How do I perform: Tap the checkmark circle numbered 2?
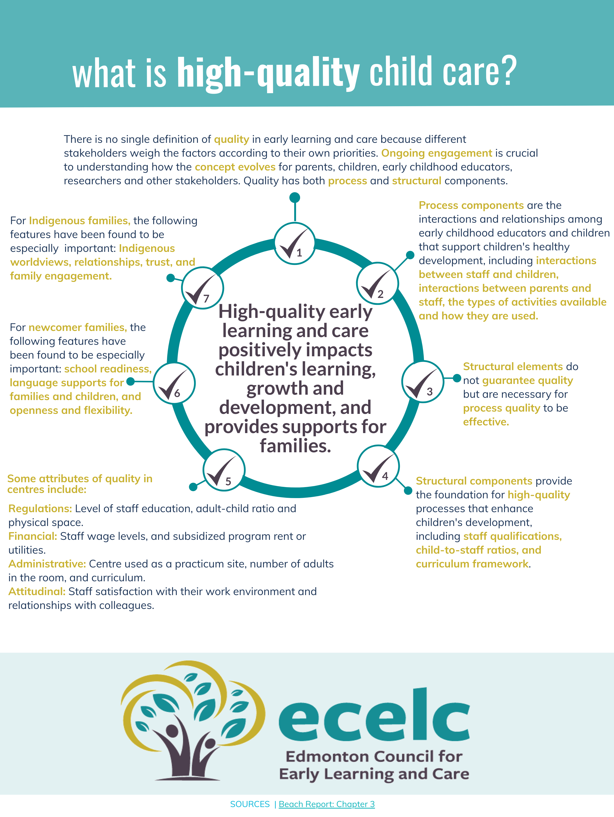pos(377,283)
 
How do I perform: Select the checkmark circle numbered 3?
pos(422,382)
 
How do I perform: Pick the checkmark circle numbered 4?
pos(378,466)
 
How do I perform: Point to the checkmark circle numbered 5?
pos(224,470)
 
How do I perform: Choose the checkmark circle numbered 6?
pos(174,383)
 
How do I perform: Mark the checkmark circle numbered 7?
pos(202,288)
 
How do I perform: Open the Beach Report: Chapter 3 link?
pos(326,804)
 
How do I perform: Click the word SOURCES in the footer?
pos(250,804)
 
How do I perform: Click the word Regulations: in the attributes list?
pos(40,509)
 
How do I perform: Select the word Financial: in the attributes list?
pos(32,536)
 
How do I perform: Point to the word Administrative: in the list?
pos(47,564)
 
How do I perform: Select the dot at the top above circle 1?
pos(295,198)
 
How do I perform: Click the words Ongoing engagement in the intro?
pos(436,153)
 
